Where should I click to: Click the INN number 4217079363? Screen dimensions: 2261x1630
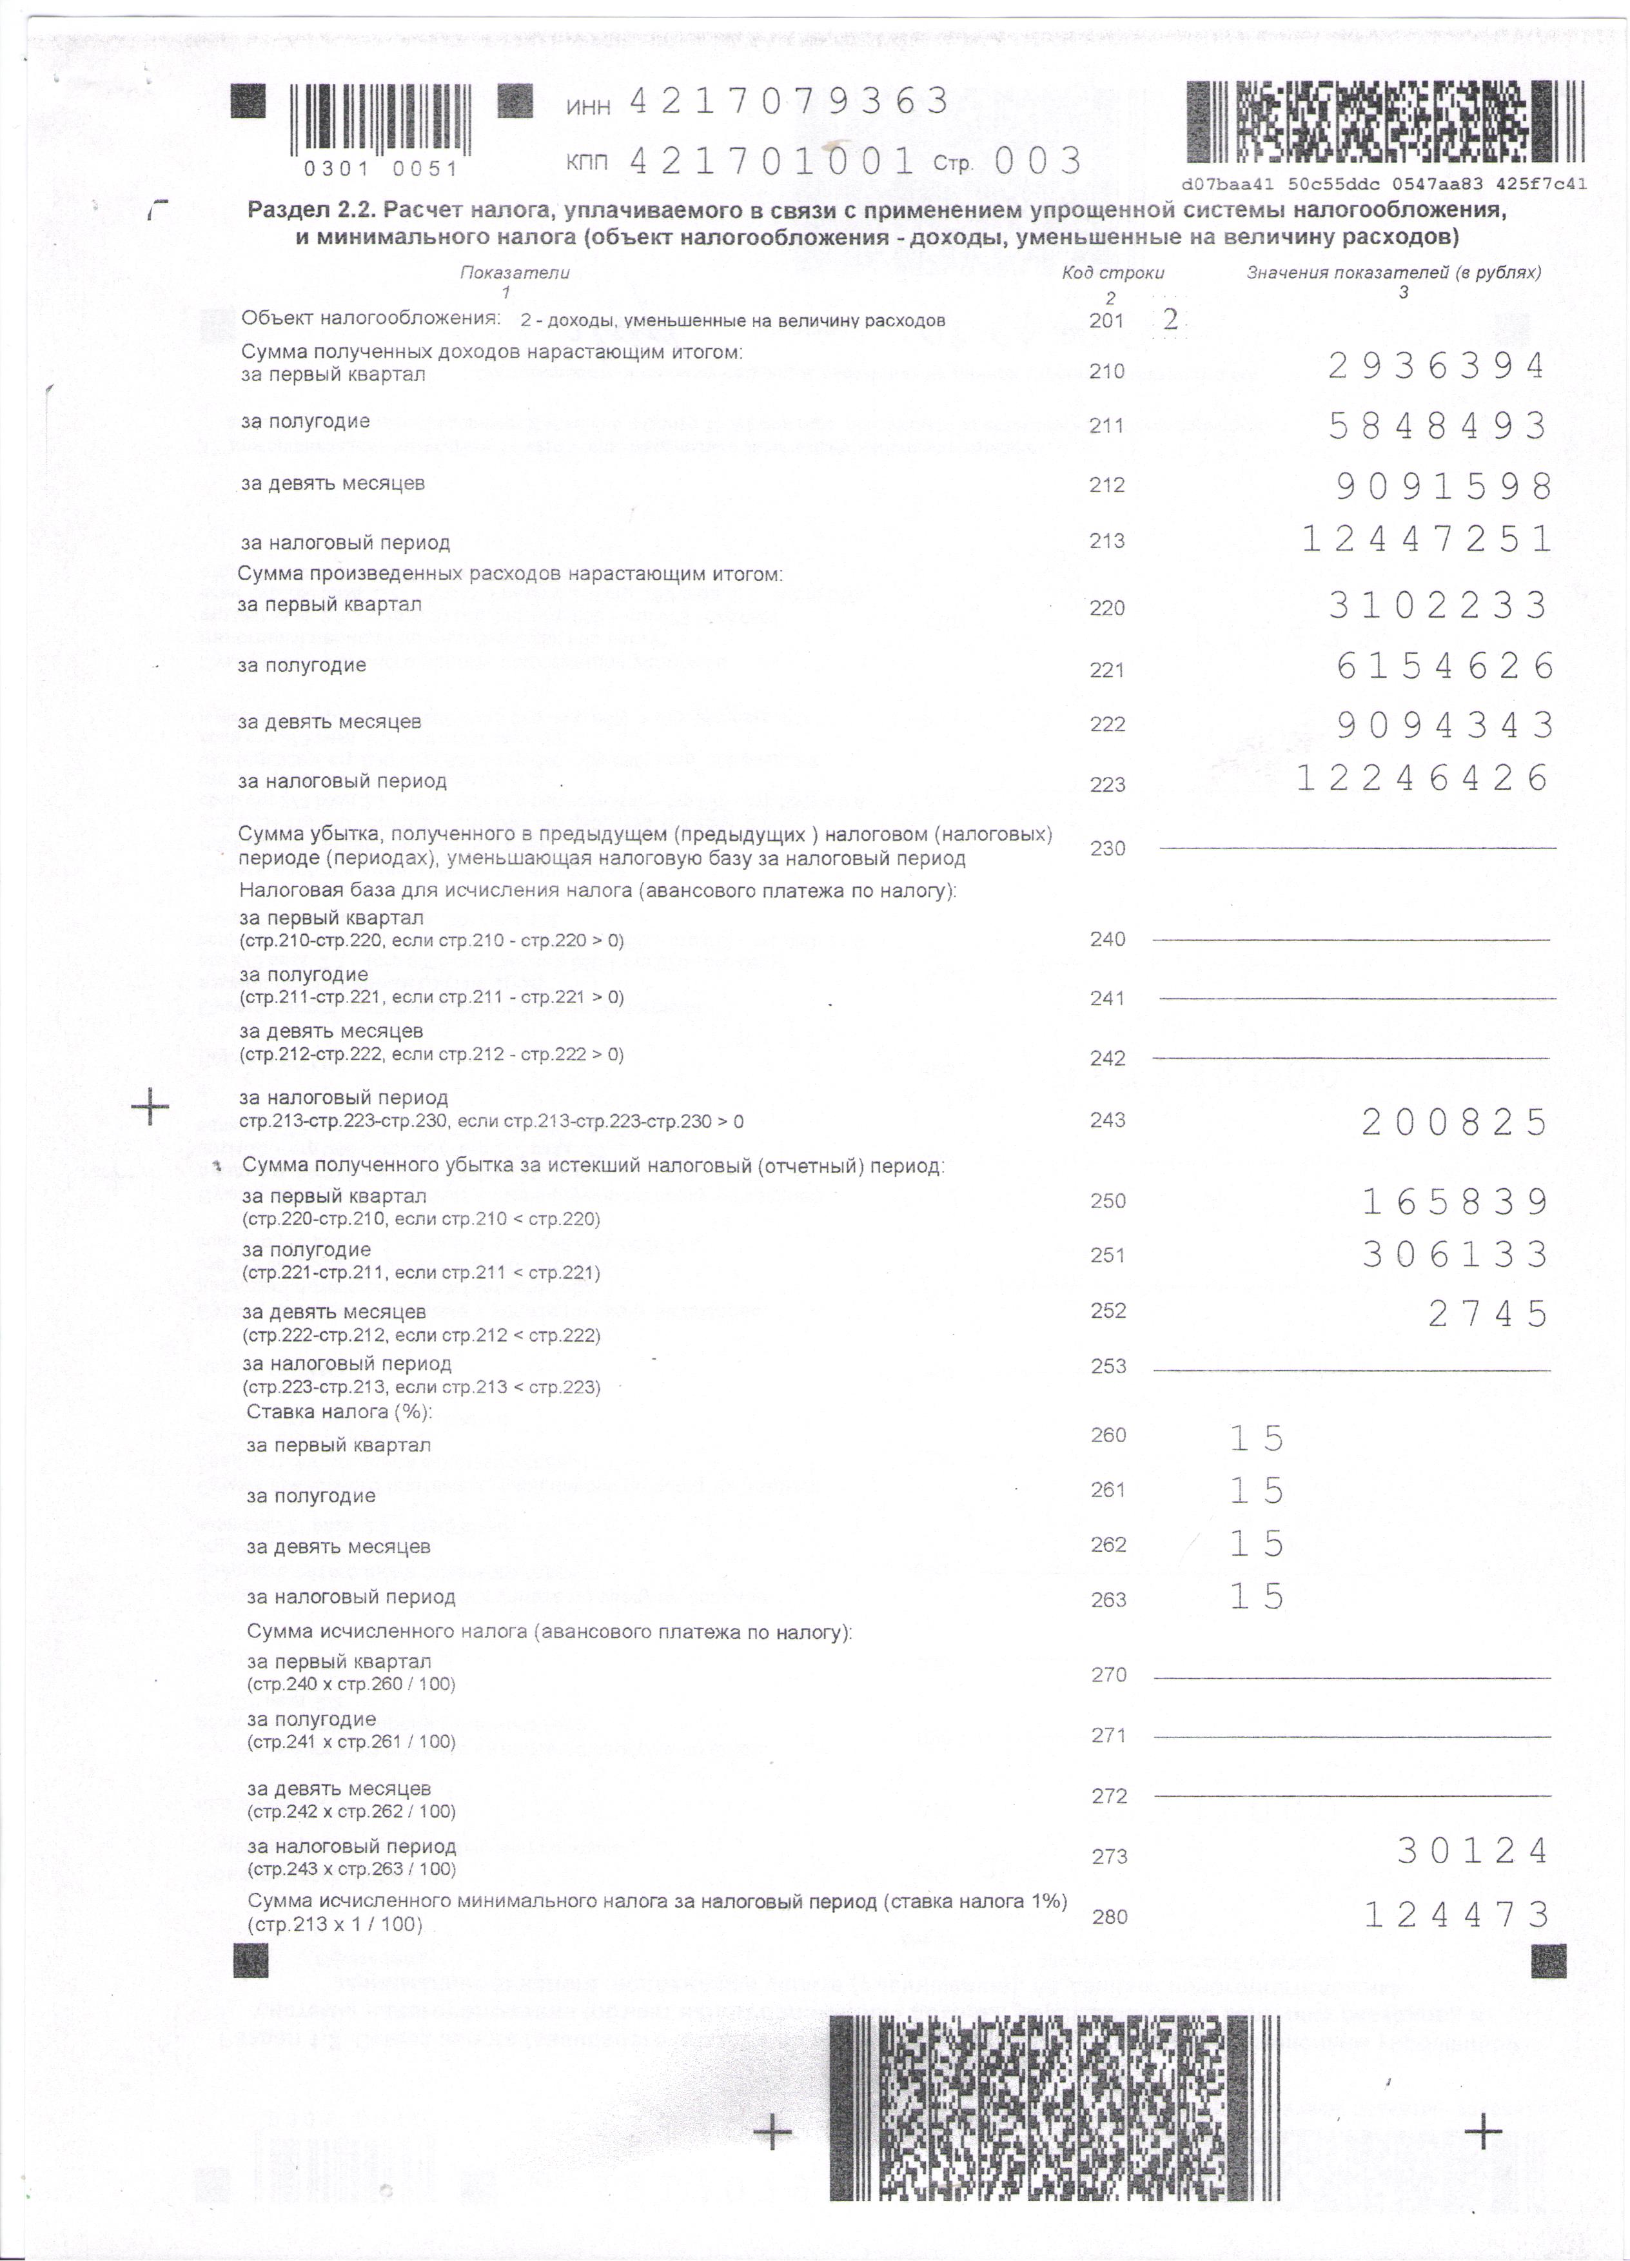tap(787, 102)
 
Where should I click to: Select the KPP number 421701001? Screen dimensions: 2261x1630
tap(772, 161)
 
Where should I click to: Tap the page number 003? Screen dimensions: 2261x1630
tap(1038, 161)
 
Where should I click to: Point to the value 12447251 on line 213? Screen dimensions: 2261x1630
tap(1427, 540)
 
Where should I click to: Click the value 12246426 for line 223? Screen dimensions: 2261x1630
tap(1424, 778)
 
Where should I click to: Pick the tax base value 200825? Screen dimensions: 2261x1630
tap(1455, 1122)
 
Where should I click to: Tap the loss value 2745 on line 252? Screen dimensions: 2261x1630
tap(1488, 1314)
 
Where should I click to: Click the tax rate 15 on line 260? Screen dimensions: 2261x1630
tap(1256, 1438)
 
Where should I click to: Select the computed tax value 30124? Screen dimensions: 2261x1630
tap(1471, 1850)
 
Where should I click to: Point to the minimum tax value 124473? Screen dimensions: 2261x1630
tap(1455, 1914)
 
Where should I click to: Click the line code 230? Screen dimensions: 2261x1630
tap(1108, 848)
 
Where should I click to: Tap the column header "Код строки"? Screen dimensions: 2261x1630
tap(1113, 272)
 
